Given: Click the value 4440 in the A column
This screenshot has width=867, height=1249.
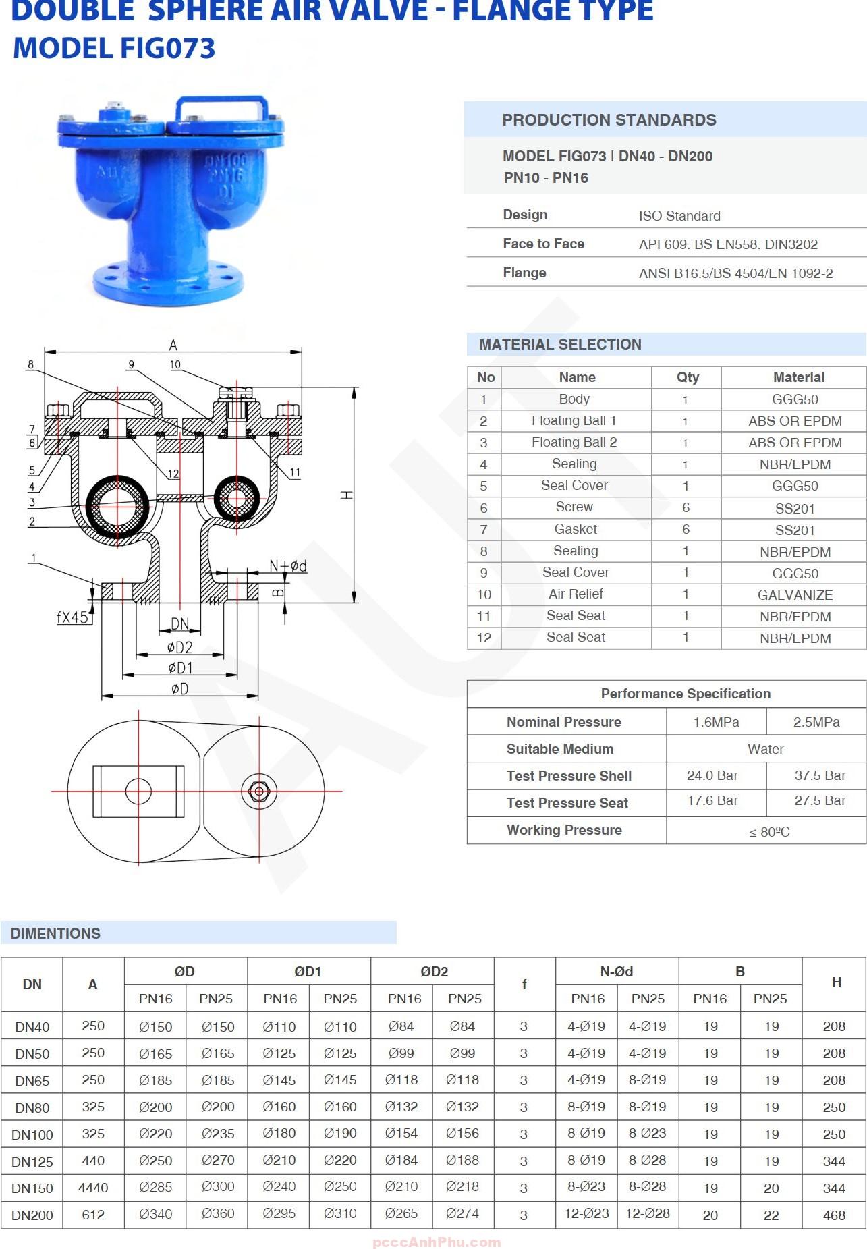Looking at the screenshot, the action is (93, 1188).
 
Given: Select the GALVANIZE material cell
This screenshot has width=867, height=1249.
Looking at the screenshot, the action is (795, 595).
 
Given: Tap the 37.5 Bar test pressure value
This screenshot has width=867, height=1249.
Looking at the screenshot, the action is (820, 775).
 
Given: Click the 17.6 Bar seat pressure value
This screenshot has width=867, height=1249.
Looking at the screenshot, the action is (712, 800).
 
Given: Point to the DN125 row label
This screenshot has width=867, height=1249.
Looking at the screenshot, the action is (32, 1161).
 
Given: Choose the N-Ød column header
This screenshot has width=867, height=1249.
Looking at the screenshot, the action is (617, 972).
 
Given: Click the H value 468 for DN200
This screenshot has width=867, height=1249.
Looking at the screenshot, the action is (834, 1215).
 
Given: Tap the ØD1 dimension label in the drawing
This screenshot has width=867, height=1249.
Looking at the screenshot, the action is (180, 668).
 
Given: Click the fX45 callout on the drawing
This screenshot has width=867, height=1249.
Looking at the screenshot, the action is (72, 617).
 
